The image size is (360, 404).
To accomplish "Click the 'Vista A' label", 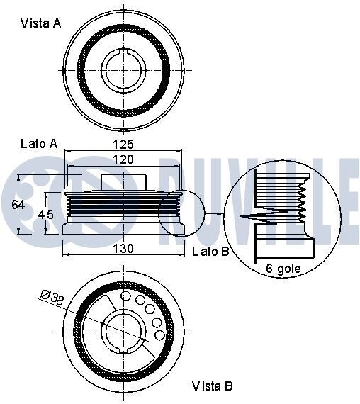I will (x=40, y=23).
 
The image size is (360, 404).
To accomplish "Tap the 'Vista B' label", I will (x=213, y=386).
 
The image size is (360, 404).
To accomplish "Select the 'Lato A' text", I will (x=38, y=143).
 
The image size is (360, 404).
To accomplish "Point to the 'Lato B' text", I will (x=210, y=251).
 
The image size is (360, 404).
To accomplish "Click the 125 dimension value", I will (x=124, y=144).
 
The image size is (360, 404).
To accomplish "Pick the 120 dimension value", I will (x=124, y=160).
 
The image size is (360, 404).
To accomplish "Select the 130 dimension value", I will (x=124, y=248).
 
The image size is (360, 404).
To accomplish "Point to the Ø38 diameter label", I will (x=54, y=297).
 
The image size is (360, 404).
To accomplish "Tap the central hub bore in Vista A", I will (x=123, y=69).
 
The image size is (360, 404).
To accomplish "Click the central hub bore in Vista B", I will (x=123, y=332).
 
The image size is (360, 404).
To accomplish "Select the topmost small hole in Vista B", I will (x=126, y=296).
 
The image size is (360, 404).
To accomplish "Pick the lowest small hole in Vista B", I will (x=160, y=335).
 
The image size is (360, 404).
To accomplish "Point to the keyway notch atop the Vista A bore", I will (x=123, y=50).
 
